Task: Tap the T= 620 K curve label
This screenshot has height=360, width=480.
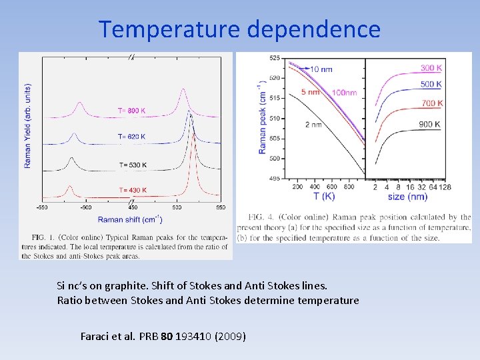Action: pos(131,137)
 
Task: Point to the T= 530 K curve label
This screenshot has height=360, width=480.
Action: pos(133,165)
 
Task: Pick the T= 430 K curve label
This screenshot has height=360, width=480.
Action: pos(133,191)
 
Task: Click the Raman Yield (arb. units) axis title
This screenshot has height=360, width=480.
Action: pos(28,125)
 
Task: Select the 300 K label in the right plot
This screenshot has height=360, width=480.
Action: pos(431,68)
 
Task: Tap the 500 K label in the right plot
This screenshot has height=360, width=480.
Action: pos(431,85)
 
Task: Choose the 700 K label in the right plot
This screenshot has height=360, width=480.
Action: pos(432,103)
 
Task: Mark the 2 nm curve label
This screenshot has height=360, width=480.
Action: pos(313,125)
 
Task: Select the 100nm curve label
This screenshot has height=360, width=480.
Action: pos(344,93)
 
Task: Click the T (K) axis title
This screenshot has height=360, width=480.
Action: pos(325,197)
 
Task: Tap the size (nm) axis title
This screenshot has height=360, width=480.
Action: pos(407,197)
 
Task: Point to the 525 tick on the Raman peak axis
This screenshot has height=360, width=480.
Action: pos(275,58)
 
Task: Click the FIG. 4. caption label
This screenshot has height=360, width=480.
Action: pos(265,217)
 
